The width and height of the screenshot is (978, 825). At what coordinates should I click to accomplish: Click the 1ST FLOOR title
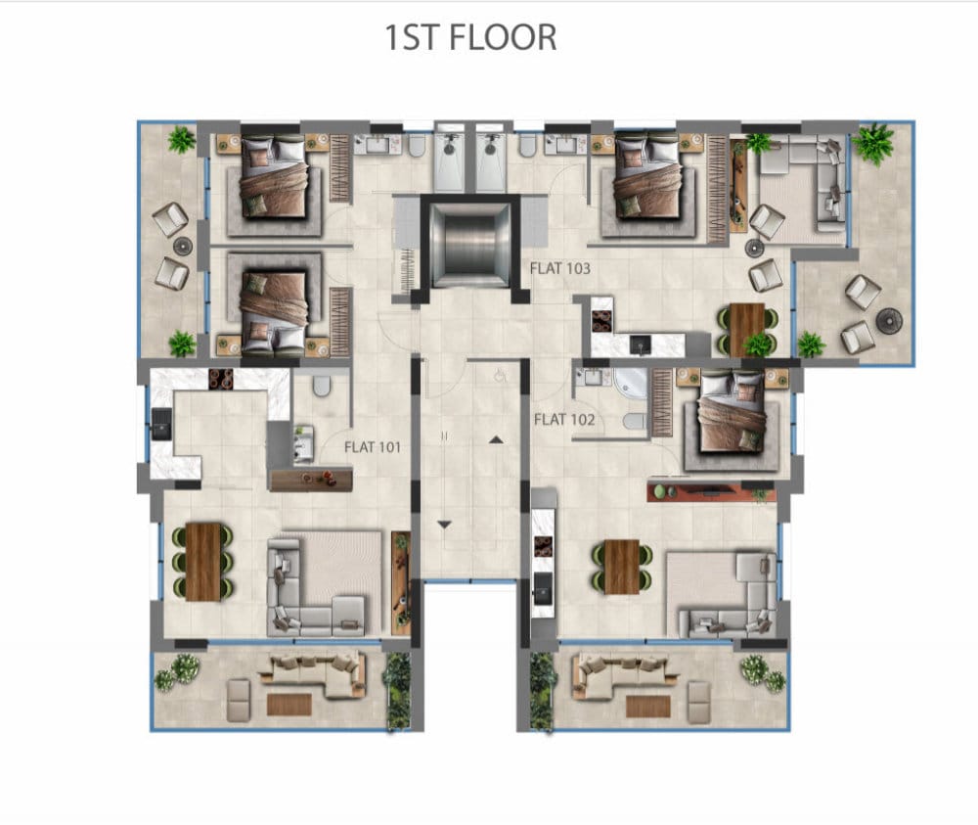pyautogui.click(x=470, y=37)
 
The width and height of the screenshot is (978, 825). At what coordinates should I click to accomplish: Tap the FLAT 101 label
pyautogui.click(x=373, y=447)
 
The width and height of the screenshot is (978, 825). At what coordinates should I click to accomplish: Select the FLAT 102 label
pyautogui.click(x=564, y=420)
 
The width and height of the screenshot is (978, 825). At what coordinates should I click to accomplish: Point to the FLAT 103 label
pyautogui.click(x=559, y=268)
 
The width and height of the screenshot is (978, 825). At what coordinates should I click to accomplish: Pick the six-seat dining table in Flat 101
pyautogui.click(x=203, y=562)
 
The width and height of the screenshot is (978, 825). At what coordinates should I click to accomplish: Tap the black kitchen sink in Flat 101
pyautogui.click(x=161, y=425)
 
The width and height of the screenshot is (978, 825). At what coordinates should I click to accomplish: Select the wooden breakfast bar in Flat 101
pyautogui.click(x=311, y=480)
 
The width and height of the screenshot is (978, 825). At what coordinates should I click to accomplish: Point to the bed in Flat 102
pyautogui.click(x=732, y=412)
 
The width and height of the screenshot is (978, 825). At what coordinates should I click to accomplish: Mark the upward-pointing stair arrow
pyautogui.click(x=496, y=440)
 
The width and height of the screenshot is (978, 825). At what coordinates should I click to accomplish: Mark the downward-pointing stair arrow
pyautogui.click(x=443, y=525)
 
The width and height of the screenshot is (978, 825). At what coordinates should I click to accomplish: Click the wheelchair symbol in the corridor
pyautogui.click(x=499, y=377)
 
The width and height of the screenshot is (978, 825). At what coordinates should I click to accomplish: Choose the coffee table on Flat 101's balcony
pyautogui.click(x=289, y=705)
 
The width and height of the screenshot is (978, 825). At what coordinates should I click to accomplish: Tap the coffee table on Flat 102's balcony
pyautogui.click(x=648, y=707)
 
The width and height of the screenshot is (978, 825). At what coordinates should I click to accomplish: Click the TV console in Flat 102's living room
pyautogui.click(x=712, y=491)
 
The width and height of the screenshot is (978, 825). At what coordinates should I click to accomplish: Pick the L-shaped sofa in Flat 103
pyautogui.click(x=804, y=183)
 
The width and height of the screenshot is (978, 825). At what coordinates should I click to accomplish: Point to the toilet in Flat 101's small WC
pyautogui.click(x=321, y=386)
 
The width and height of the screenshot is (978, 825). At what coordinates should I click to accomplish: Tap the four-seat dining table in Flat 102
pyautogui.click(x=621, y=568)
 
